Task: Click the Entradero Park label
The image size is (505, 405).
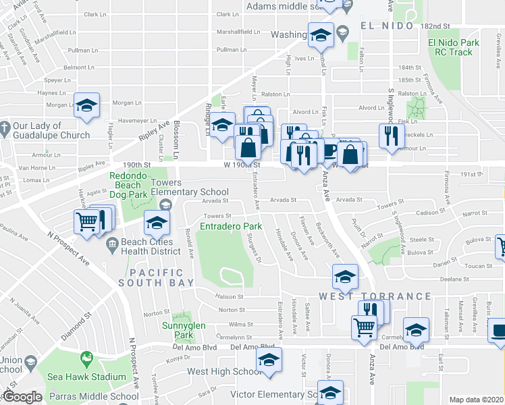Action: pos(231,226)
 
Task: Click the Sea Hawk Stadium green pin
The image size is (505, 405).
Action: pos(86,357)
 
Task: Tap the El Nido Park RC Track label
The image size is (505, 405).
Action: pos(453,47)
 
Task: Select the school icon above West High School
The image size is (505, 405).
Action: pos(269,359)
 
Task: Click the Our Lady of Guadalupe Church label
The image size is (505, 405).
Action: pos(51,130)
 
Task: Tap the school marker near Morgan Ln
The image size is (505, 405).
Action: pos(86,105)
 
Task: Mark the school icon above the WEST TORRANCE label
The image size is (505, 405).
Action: pos(345,275)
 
